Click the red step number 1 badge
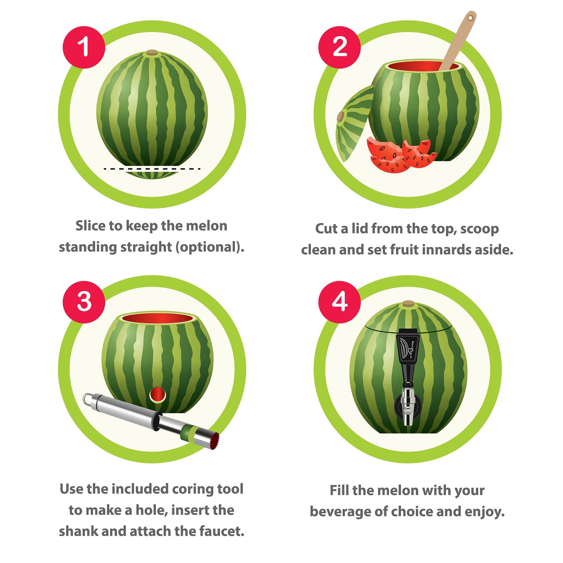(x=84, y=47)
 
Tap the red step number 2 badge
(x=340, y=47)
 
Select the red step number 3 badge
(x=84, y=302)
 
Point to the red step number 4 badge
(x=340, y=302)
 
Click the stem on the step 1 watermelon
(x=152, y=53)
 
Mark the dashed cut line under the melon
(x=152, y=169)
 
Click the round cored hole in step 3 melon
(x=158, y=395)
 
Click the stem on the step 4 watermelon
(x=408, y=304)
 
